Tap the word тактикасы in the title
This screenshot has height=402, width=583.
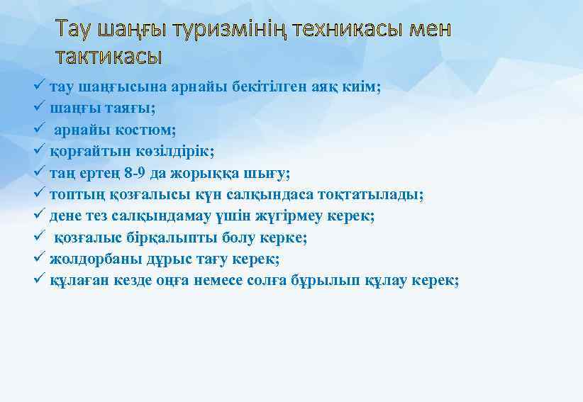point(109,56)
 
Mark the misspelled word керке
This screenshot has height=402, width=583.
point(284,238)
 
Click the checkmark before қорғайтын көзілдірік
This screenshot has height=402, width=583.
point(40,151)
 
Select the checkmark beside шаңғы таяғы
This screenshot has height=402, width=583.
point(40,108)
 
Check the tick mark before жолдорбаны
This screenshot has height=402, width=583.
point(40,259)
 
